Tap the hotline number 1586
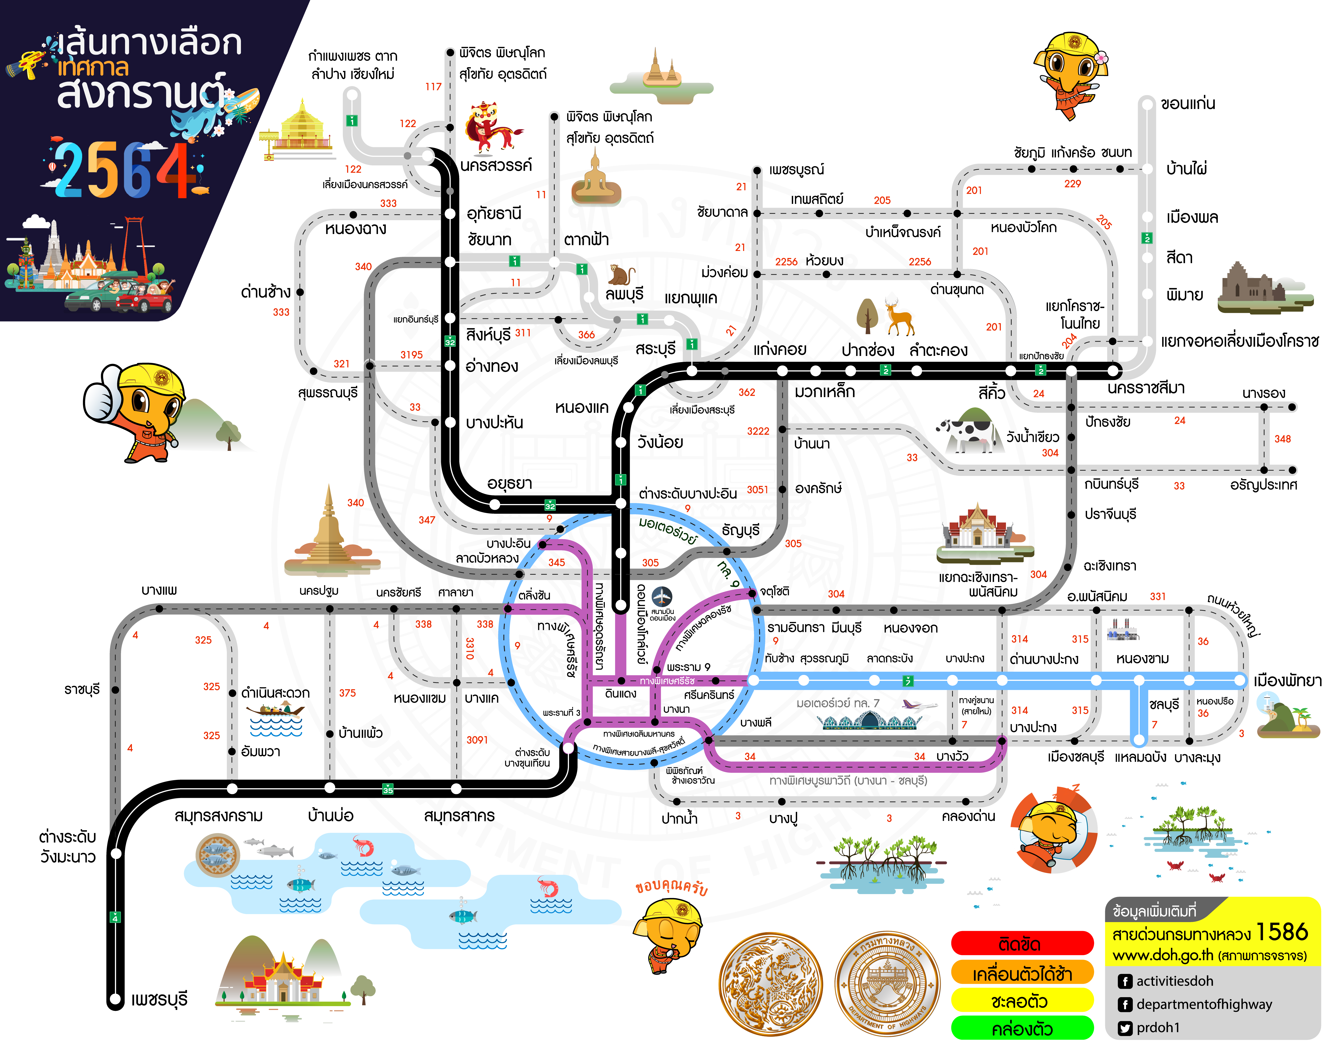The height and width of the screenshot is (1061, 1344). point(1282,932)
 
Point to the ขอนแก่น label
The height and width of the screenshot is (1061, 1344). point(1188,104)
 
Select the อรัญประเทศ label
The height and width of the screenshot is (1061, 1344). point(1263,485)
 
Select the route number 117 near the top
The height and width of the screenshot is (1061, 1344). point(433,87)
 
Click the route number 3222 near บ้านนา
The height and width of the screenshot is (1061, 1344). point(757,431)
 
